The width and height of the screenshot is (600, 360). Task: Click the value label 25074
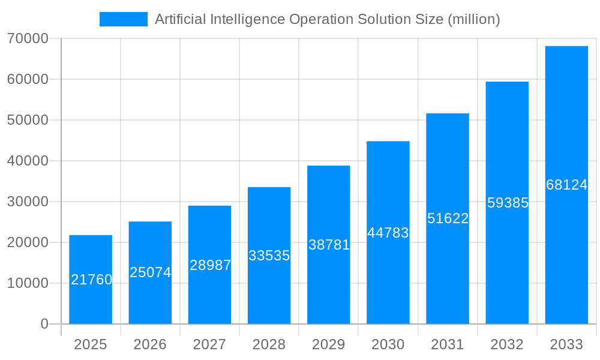tap(151, 272)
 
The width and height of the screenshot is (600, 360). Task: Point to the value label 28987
tap(210, 265)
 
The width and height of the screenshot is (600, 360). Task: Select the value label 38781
tap(329, 245)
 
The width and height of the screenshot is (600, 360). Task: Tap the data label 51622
tap(448, 218)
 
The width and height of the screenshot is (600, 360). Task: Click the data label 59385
tap(508, 203)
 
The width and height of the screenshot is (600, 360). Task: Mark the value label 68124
tap(566, 185)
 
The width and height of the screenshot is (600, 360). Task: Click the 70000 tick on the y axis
tap(28, 38)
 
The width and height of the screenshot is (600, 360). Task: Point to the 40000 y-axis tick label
tap(28, 161)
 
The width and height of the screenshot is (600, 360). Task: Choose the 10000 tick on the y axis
tap(28, 283)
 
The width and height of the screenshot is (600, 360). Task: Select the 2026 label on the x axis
tap(150, 344)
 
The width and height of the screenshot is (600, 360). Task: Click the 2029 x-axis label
tap(329, 344)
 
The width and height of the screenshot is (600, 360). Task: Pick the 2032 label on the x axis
tap(507, 344)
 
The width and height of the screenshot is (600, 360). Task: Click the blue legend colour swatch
tap(124, 19)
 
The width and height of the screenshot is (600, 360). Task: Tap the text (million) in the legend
tap(473, 19)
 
